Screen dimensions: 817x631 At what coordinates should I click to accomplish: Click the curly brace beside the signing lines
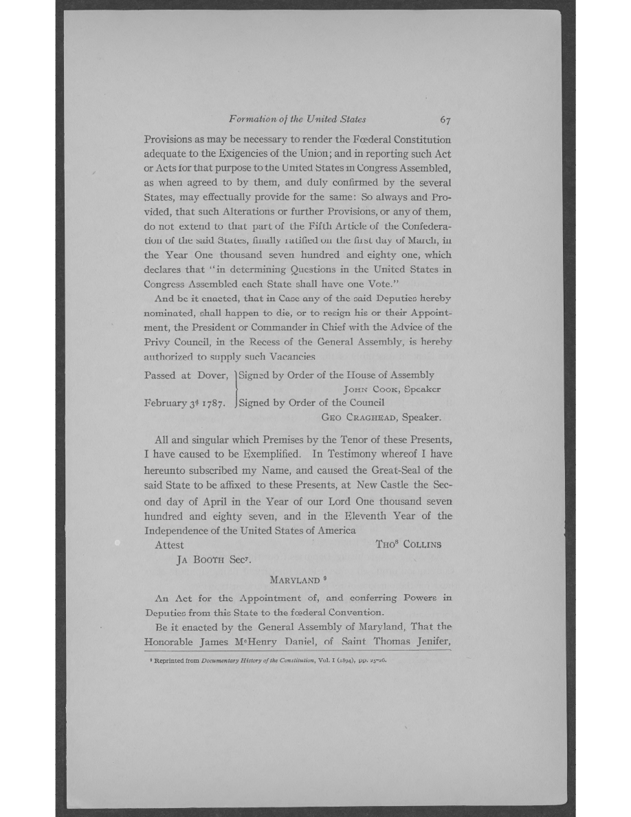click(x=236, y=389)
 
